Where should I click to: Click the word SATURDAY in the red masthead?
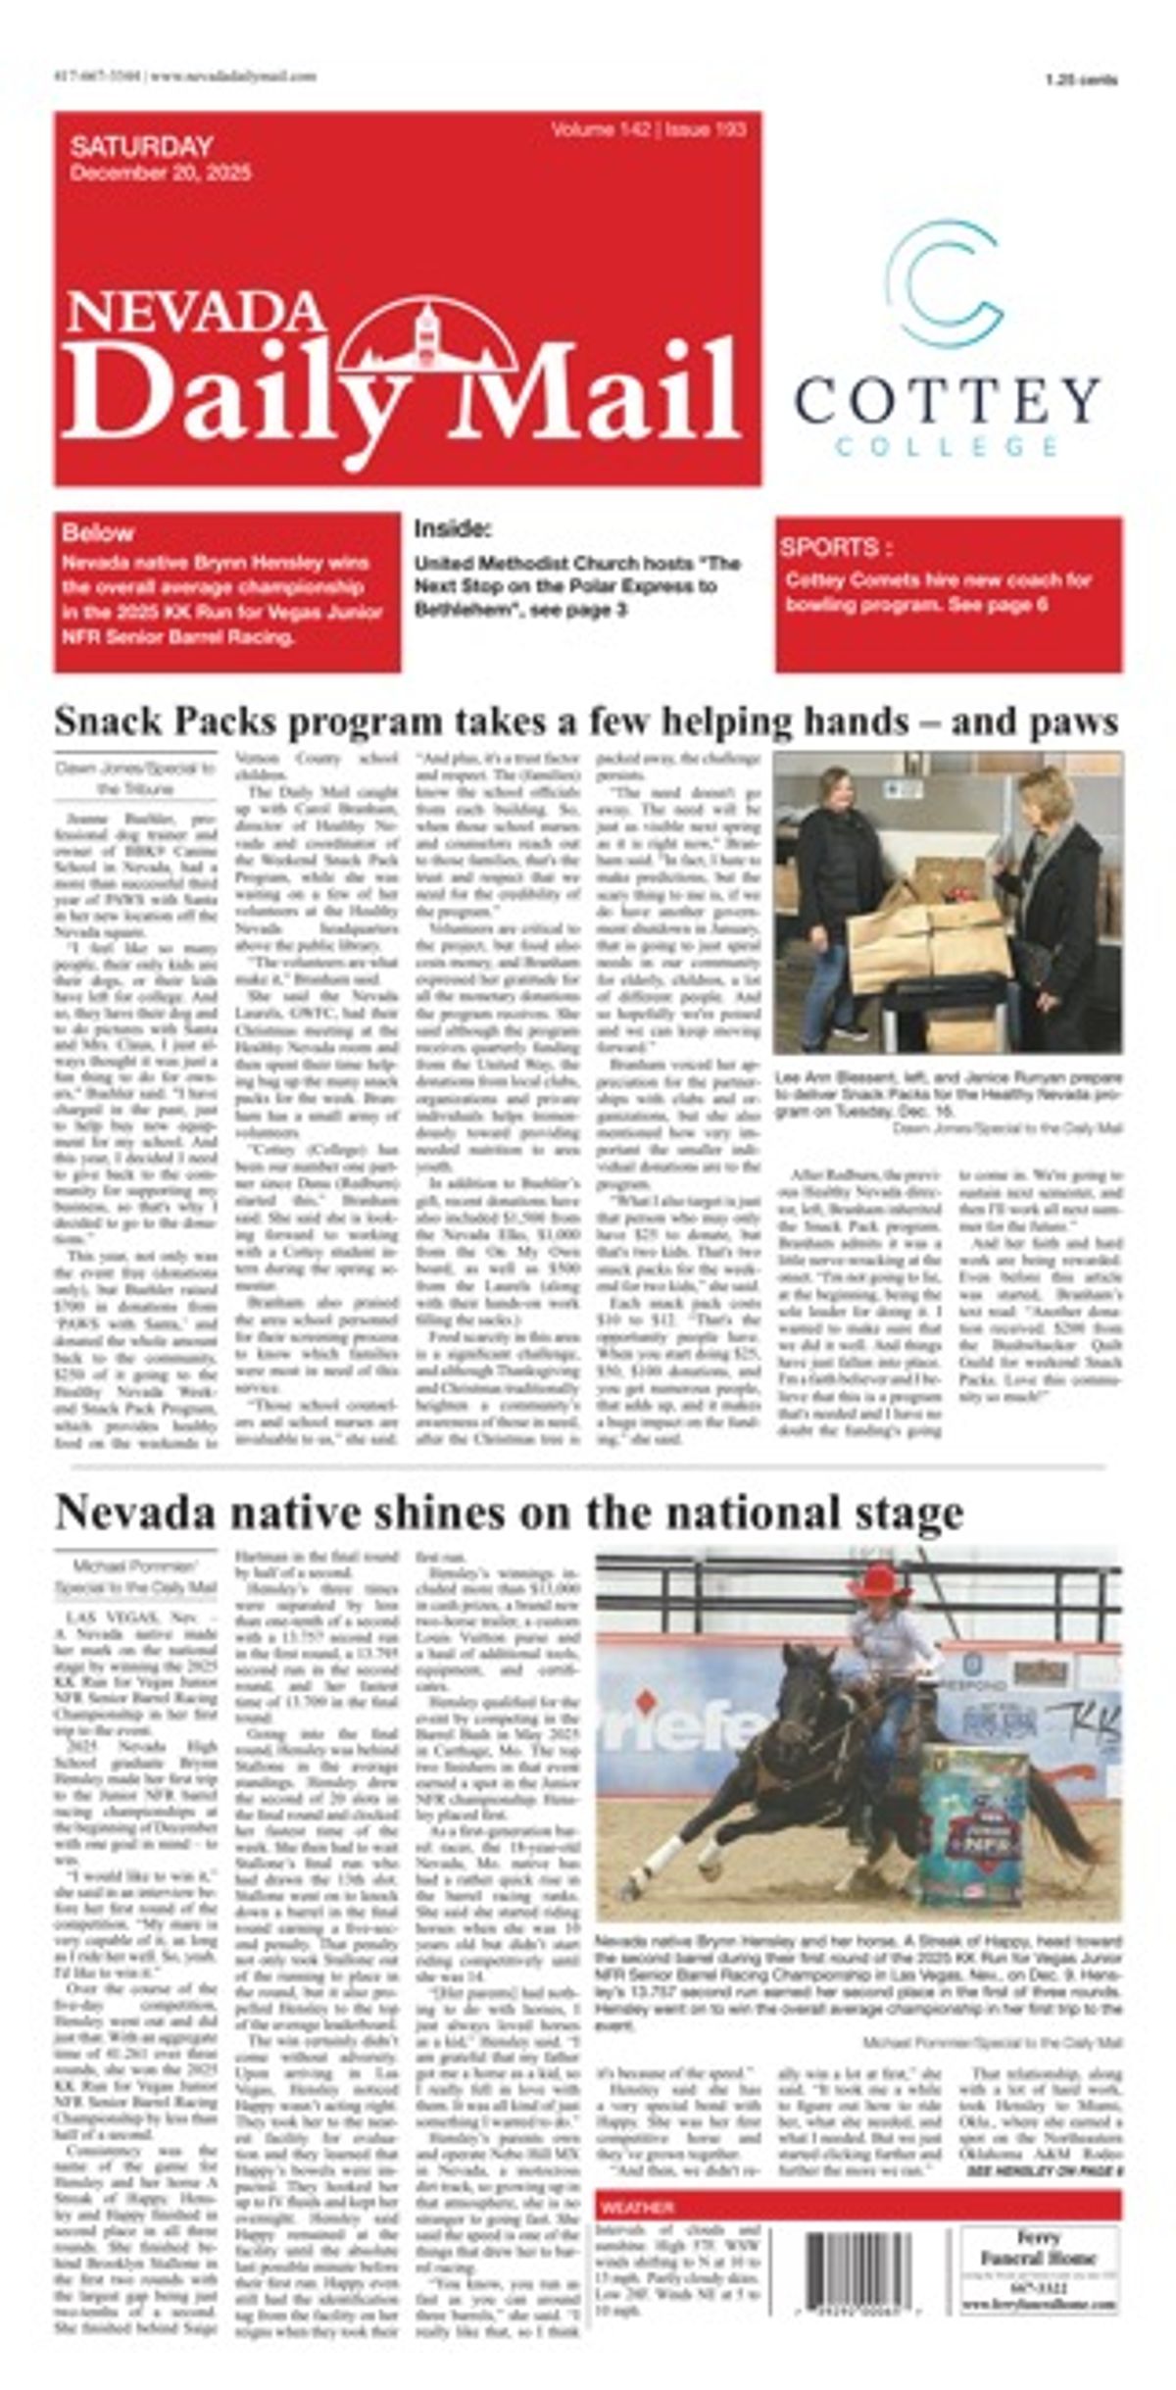coord(141,147)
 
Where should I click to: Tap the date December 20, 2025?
coord(161,174)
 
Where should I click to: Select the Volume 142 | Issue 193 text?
coord(648,130)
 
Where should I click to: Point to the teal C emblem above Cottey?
coord(942,283)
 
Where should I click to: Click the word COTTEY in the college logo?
coord(947,399)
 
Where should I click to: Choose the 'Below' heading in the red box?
coord(97,533)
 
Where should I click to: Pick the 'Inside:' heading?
coord(452,529)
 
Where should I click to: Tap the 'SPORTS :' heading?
coord(836,547)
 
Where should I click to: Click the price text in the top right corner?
coord(1081,81)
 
